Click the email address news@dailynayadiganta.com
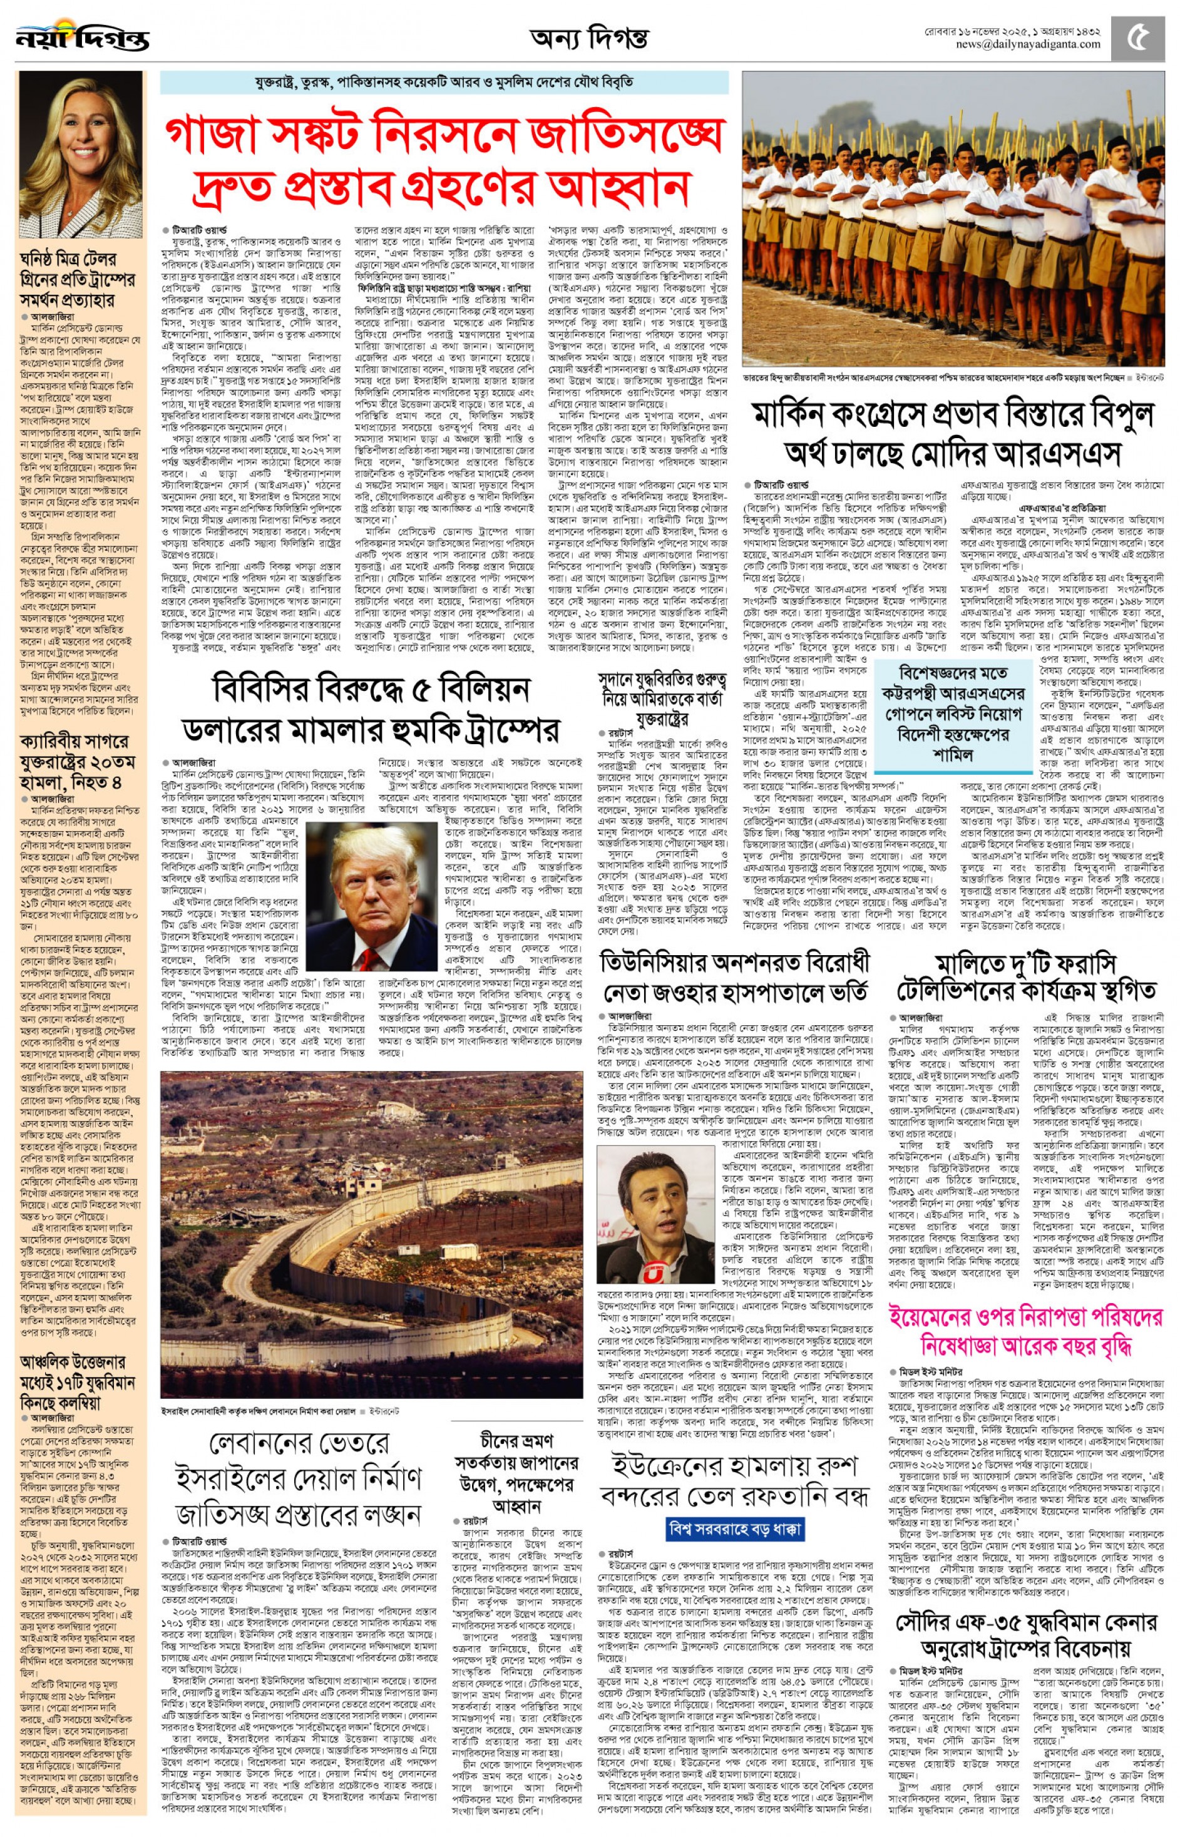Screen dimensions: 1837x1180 click(1027, 44)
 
